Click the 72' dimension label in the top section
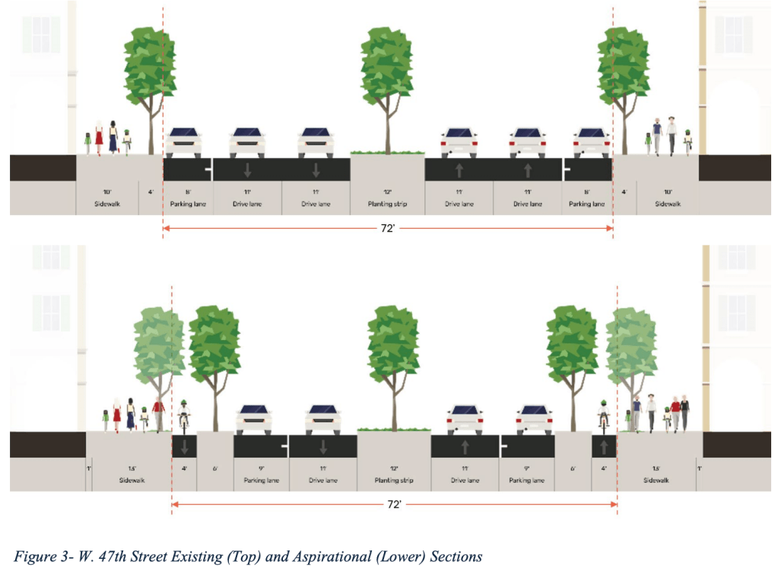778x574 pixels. [x=388, y=228]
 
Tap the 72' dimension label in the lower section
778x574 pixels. [x=394, y=503]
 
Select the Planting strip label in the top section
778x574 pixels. [x=387, y=204]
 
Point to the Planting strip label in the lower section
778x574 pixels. [x=394, y=480]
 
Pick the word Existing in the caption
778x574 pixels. [x=204, y=557]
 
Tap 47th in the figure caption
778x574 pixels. [x=101, y=557]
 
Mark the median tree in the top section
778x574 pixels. [x=387, y=84]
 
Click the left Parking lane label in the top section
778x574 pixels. [x=187, y=204]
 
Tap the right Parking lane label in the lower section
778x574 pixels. [x=527, y=480]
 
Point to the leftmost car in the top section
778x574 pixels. [x=185, y=141]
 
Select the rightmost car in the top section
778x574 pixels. [x=591, y=141]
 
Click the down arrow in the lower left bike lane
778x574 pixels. [x=184, y=446]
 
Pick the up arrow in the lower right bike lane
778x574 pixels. [x=603, y=446]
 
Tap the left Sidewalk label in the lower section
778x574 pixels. [x=130, y=480]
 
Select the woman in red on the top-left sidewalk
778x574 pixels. [x=99, y=138]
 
